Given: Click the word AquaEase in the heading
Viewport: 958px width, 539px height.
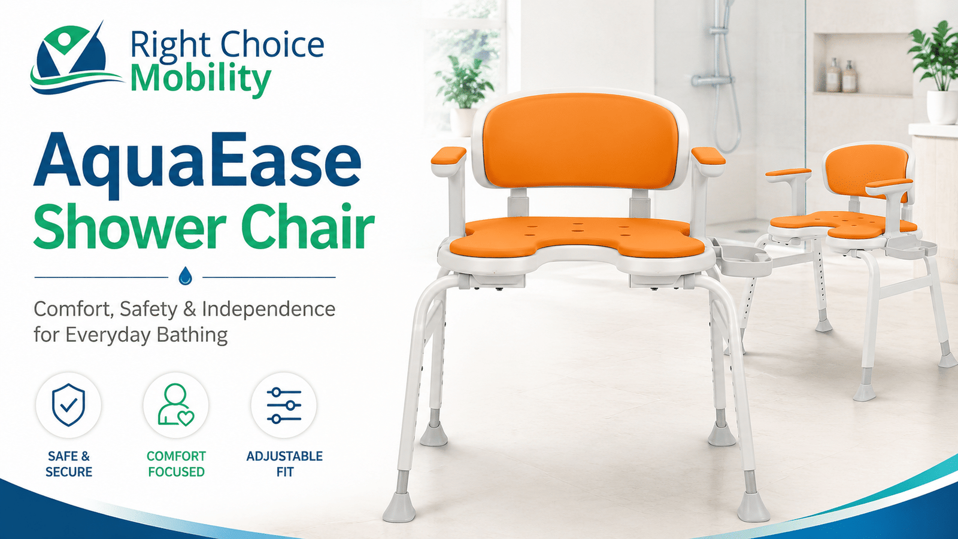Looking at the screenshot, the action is pyautogui.click(x=198, y=165).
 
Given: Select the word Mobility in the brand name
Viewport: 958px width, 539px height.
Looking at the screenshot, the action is pyautogui.click(x=201, y=80).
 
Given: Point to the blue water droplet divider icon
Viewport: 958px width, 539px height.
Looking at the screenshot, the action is pyautogui.click(x=185, y=276).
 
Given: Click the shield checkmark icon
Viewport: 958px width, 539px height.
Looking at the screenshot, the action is pyautogui.click(x=68, y=405).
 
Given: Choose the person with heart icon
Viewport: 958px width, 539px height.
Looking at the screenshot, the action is pyautogui.click(x=176, y=405).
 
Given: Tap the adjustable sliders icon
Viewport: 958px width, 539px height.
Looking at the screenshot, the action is pyautogui.click(x=284, y=405).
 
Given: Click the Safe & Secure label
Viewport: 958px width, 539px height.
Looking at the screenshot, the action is pyautogui.click(x=69, y=464).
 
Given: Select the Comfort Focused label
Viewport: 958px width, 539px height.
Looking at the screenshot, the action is pyautogui.click(x=176, y=464).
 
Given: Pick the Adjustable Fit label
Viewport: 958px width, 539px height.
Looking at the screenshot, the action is pyautogui.click(x=284, y=464).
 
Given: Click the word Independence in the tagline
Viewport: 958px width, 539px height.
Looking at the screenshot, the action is pyautogui.click(x=269, y=309).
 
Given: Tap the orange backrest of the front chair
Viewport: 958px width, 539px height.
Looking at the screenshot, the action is pyautogui.click(x=580, y=141).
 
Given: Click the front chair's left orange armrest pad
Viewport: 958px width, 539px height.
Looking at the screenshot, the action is pyautogui.click(x=448, y=155).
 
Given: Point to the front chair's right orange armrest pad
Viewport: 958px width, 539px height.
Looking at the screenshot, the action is pyautogui.click(x=708, y=156).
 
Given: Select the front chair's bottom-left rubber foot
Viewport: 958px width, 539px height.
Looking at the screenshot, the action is pyautogui.click(x=399, y=507).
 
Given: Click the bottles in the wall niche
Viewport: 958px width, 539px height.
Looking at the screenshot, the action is pyautogui.click(x=841, y=75).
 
